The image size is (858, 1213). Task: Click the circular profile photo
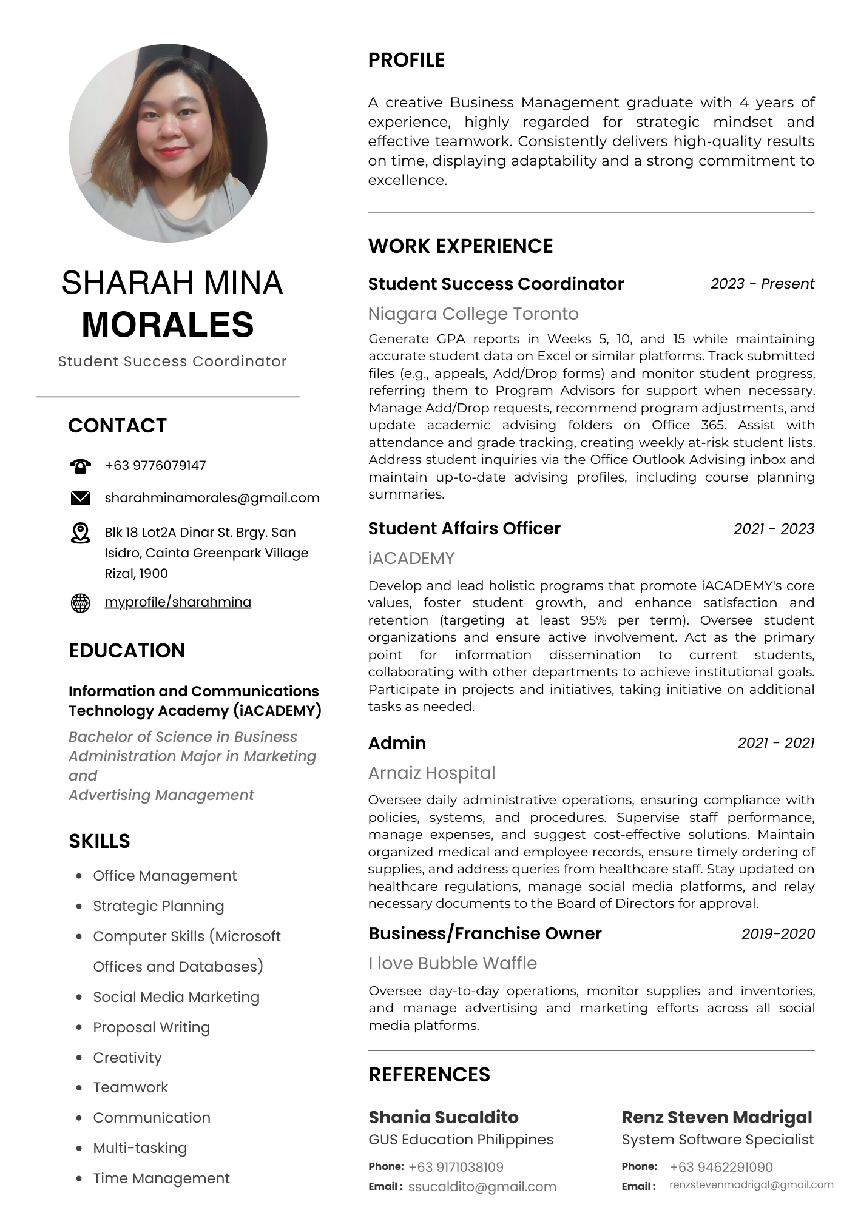[x=168, y=143]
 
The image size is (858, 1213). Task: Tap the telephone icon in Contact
[x=80, y=466]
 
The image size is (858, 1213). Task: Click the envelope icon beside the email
[x=80, y=498]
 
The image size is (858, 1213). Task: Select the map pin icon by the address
[x=80, y=533]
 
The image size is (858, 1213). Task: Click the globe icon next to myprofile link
[x=80, y=603]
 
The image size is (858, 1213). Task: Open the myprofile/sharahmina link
[x=178, y=602]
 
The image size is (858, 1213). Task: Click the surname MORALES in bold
[x=168, y=324]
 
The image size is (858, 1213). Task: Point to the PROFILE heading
[x=407, y=60]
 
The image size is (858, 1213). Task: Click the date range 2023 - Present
[x=762, y=284]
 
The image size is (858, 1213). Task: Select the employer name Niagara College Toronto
[x=473, y=314]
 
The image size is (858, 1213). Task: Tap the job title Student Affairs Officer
[x=464, y=528]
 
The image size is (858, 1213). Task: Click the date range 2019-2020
[x=778, y=933]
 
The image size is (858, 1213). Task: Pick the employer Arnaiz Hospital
[x=431, y=773]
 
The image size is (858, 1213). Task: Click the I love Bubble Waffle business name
[x=453, y=963]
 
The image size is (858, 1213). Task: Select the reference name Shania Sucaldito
[x=444, y=1117]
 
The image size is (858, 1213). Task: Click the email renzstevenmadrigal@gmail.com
[x=751, y=1184]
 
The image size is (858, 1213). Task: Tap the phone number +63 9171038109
[x=456, y=1167]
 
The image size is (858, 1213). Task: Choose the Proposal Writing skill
[x=151, y=1027]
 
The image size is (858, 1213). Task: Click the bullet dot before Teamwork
[x=79, y=1087]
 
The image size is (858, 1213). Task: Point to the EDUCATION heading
[x=127, y=650]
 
